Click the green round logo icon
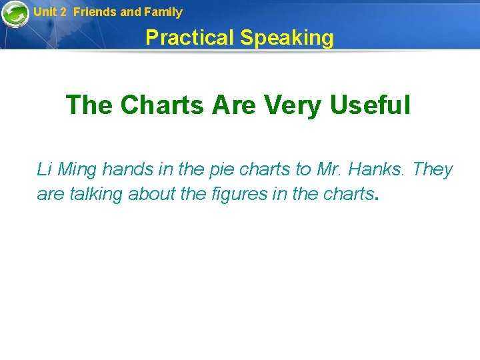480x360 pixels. tap(15, 15)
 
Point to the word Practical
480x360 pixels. tap(190, 38)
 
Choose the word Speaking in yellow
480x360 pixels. tap(287, 38)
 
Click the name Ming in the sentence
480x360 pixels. tap(77, 170)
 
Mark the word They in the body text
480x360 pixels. tap(433, 170)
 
